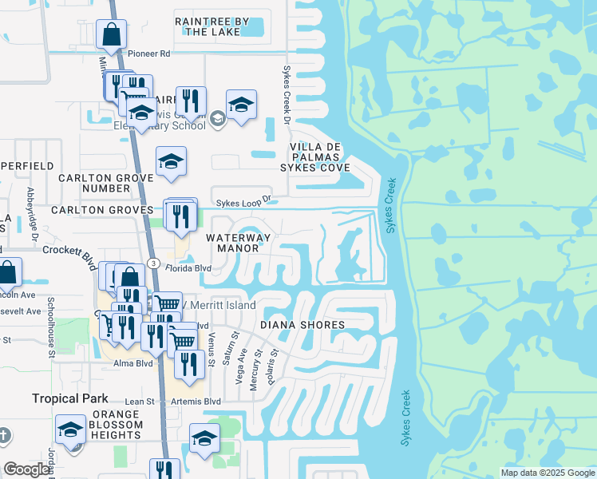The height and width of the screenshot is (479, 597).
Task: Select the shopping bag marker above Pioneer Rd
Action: tap(111, 34)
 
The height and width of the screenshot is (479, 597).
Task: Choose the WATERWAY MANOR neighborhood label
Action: tap(239, 243)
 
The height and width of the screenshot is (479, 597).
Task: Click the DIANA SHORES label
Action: tap(302, 325)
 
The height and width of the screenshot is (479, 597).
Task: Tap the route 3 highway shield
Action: tap(152, 264)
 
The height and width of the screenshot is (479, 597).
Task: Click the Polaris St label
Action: tap(273, 362)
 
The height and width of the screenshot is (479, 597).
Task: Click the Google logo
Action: tap(26, 469)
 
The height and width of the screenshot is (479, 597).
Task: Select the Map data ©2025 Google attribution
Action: tap(548, 473)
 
